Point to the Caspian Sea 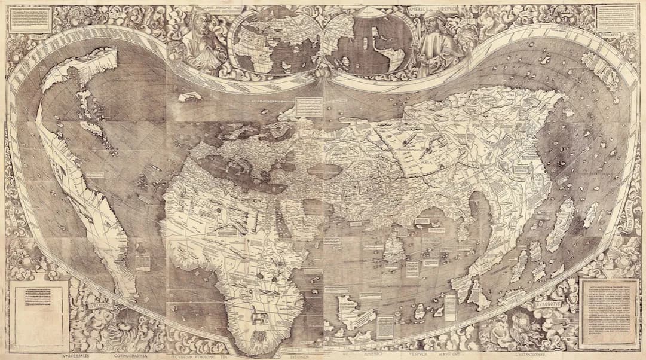pyautogui.click(x=325, y=170)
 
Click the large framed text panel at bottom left pyautogui.click(x=39, y=309)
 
